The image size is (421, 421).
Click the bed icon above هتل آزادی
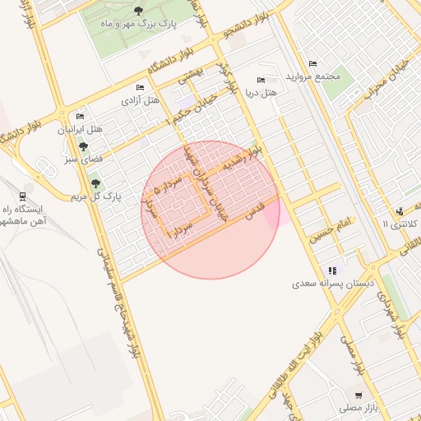click(140, 87)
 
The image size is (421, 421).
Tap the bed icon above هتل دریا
click(261, 81)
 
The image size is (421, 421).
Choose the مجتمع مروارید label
click(313, 76)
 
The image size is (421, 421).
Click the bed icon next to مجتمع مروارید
click(312, 64)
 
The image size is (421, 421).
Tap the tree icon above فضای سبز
click(83, 146)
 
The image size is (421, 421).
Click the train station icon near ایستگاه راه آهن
click(21, 197)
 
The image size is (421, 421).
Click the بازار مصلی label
click(356, 407)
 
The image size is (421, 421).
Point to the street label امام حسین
click(331, 229)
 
